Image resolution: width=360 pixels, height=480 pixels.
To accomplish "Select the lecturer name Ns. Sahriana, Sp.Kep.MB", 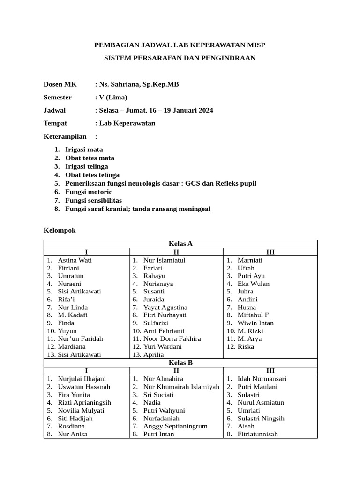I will [138, 84].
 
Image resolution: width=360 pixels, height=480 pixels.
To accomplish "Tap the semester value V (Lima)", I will [112, 97].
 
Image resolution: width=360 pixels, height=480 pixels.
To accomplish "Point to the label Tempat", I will [55, 123].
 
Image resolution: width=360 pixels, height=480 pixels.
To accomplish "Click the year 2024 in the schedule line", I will [205, 111].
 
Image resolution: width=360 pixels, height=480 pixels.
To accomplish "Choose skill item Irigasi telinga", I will [87, 166].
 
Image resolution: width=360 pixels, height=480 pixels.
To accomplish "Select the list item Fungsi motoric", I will [89, 192].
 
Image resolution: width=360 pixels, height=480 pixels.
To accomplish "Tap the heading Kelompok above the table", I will [60, 231].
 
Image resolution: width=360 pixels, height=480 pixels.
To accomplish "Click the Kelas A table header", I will [180, 244].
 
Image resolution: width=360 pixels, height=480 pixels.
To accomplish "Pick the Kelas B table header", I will [180, 362].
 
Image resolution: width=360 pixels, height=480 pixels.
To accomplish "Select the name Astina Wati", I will [75, 260].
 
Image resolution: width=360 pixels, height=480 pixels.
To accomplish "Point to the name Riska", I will [246, 346].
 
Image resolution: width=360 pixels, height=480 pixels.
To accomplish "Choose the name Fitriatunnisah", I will [258, 434].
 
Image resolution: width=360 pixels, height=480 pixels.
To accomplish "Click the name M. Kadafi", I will [73, 315].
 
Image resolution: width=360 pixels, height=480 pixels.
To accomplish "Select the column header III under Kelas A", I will [270, 252].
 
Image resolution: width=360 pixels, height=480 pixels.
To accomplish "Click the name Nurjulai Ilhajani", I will [82, 379].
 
